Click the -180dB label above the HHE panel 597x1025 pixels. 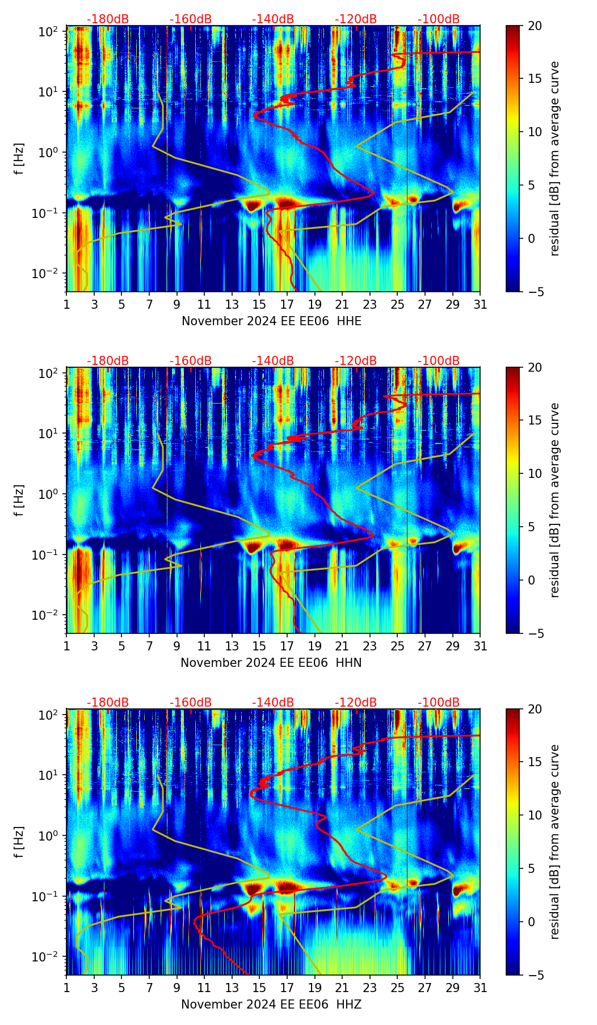(108, 19)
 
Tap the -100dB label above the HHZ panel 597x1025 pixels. (439, 703)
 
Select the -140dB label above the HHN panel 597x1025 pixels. (273, 361)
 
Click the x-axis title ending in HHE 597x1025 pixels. (271, 321)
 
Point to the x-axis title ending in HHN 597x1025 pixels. (271, 663)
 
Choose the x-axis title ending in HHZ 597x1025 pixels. (271, 1005)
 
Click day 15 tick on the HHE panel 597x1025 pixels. (259, 304)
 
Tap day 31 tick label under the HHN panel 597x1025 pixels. (480, 646)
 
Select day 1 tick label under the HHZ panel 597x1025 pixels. (67, 988)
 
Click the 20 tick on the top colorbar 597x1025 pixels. (533, 26)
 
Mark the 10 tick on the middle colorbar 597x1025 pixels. (533, 473)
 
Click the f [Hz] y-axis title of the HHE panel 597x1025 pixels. (19, 159)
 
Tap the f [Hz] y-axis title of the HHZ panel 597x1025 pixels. (19, 843)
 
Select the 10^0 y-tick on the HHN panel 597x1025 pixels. (50, 493)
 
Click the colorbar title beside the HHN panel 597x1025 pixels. (554, 500)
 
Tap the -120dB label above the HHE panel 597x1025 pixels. (356, 19)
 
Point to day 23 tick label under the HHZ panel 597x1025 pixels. (369, 988)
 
